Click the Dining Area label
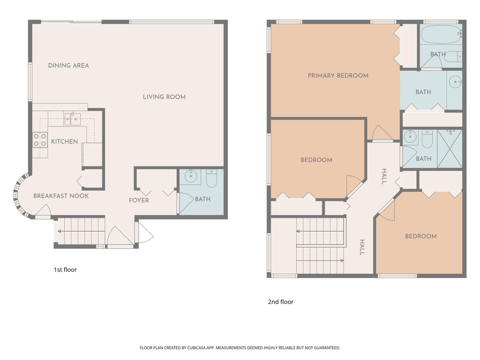(68, 65)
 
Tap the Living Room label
(164, 97)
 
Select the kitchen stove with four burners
(40, 140)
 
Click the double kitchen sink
(72, 119)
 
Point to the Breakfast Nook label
(61, 196)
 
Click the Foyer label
(139, 200)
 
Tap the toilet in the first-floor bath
(211, 178)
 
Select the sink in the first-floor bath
(191, 176)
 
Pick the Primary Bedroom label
(338, 76)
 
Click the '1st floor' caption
(65, 269)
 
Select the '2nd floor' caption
(280, 302)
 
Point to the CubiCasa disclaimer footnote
(239, 347)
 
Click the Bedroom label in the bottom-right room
(420, 236)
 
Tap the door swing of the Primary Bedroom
(381, 133)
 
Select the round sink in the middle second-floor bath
(455, 81)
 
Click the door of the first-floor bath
(185, 202)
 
